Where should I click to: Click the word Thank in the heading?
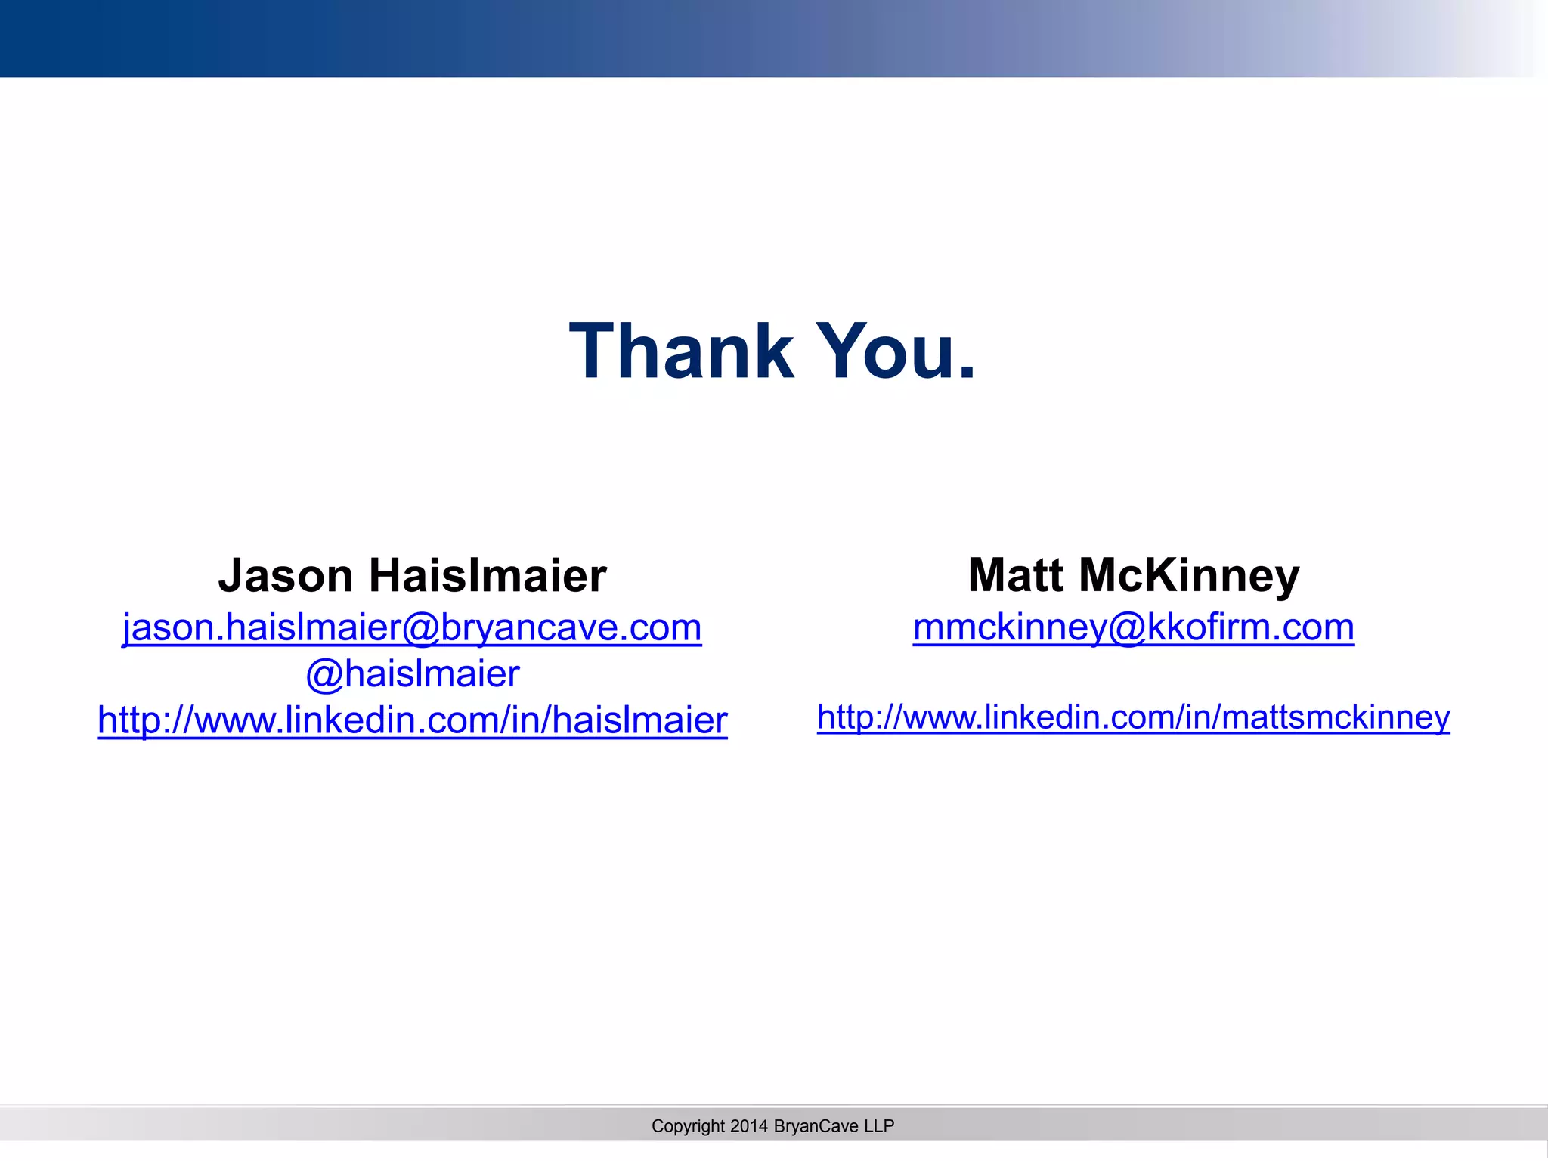click(681, 351)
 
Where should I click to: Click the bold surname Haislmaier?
click(488, 576)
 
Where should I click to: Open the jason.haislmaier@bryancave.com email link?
click(412, 628)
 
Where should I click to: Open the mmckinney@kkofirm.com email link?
click(1133, 628)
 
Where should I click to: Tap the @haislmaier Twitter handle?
click(413, 674)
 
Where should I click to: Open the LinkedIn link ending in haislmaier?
click(412, 720)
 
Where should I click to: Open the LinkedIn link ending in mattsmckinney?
click(1133, 717)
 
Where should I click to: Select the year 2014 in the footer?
click(749, 1126)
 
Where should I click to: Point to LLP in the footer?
click(879, 1126)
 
